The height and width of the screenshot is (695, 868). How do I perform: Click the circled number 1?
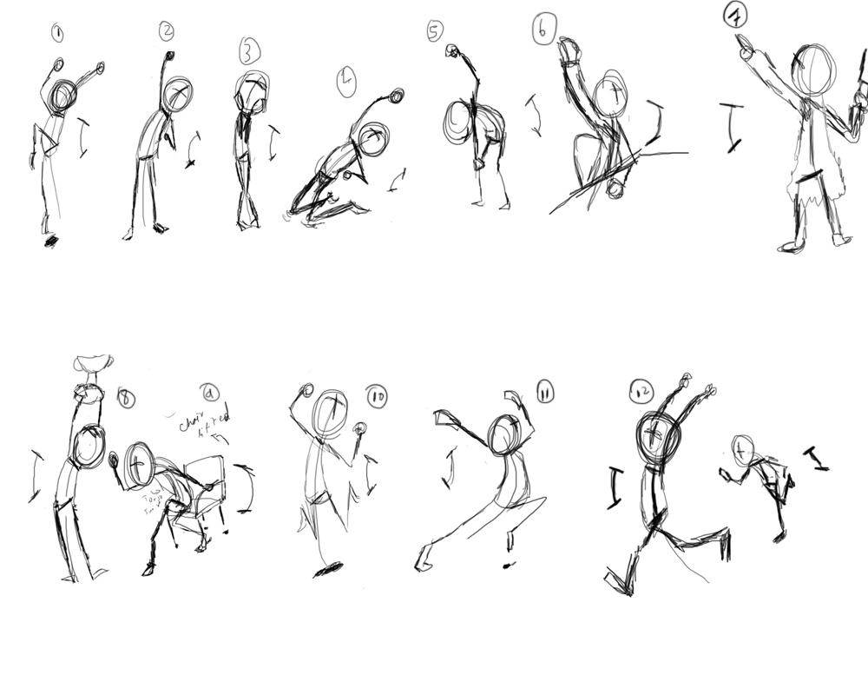click(x=57, y=35)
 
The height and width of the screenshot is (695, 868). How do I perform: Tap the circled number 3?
click(x=250, y=52)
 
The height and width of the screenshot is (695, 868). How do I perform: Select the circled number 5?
click(x=435, y=32)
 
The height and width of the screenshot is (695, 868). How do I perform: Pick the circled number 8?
click(x=127, y=398)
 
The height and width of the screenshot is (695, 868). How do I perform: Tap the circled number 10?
click(x=377, y=395)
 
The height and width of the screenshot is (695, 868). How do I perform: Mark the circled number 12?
click(x=641, y=394)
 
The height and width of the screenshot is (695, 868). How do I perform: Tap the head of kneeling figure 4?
click(x=373, y=139)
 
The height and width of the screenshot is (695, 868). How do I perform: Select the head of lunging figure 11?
click(x=503, y=434)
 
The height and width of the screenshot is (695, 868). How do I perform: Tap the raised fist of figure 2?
click(x=168, y=56)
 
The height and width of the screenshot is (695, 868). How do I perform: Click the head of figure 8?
click(x=89, y=446)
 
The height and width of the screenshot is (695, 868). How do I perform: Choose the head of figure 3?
click(x=252, y=94)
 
